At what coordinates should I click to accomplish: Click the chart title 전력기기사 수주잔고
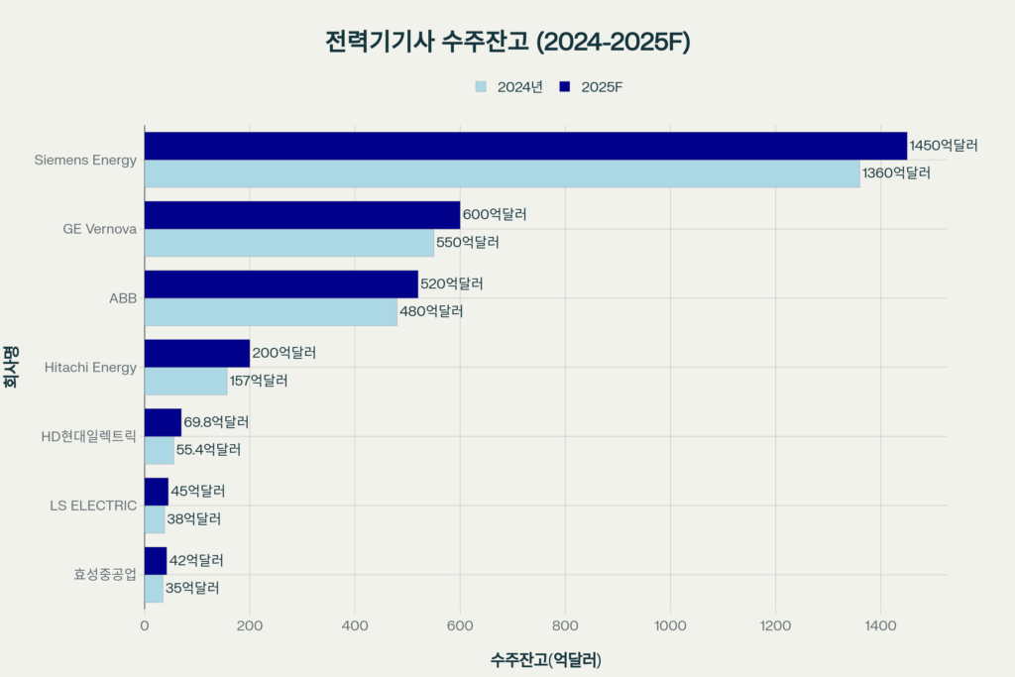507,42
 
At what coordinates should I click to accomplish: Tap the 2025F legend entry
591,86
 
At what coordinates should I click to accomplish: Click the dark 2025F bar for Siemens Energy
525,146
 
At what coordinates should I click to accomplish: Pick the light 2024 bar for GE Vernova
289,243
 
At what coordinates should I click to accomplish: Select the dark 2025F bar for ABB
281,284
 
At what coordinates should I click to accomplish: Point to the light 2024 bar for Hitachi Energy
185,381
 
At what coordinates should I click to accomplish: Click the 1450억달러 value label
944,146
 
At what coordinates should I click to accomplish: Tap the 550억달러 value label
468,243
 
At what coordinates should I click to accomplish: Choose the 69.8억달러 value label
216,422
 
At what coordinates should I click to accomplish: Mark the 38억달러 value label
193,518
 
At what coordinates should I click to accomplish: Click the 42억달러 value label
196,560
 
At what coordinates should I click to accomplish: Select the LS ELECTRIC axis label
93,506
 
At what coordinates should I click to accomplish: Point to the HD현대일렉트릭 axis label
88,436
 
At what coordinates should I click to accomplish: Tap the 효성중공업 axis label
104,574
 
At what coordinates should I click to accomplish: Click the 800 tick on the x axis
565,625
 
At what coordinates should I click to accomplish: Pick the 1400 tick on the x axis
880,625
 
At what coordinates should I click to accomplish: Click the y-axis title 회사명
12,367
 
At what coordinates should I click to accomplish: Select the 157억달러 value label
259,381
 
